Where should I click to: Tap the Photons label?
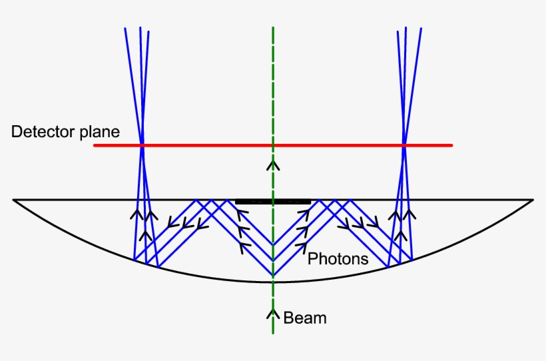click(x=338, y=259)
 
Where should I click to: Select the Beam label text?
click(x=305, y=318)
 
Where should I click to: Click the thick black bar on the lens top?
click(x=273, y=201)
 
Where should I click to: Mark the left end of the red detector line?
click(x=95, y=145)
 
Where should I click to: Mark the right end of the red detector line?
click(x=451, y=145)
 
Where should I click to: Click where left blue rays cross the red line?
click(x=142, y=145)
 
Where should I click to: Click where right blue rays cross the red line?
click(x=404, y=145)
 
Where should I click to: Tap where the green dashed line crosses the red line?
click(x=273, y=145)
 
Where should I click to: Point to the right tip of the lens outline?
click(x=533, y=200)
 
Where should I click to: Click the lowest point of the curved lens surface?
click(x=273, y=282)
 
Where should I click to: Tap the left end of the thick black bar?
click(x=236, y=201)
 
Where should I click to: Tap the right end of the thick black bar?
click(x=310, y=201)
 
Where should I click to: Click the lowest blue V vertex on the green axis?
click(x=273, y=276)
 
